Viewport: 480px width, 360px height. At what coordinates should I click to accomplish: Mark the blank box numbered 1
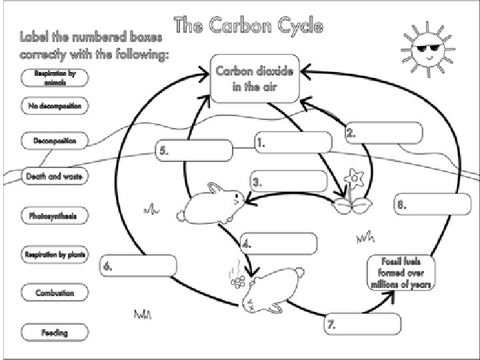click(x=293, y=142)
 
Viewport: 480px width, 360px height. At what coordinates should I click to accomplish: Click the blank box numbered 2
click(x=383, y=133)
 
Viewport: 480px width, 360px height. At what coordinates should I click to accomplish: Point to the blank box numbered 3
click(x=289, y=181)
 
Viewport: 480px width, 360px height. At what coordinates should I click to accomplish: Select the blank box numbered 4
click(x=278, y=243)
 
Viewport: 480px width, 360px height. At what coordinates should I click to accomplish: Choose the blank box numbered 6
click(x=138, y=266)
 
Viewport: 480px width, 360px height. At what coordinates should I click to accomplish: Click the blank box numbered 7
click(x=363, y=325)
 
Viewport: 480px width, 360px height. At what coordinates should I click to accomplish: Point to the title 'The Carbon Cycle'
click(x=249, y=27)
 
